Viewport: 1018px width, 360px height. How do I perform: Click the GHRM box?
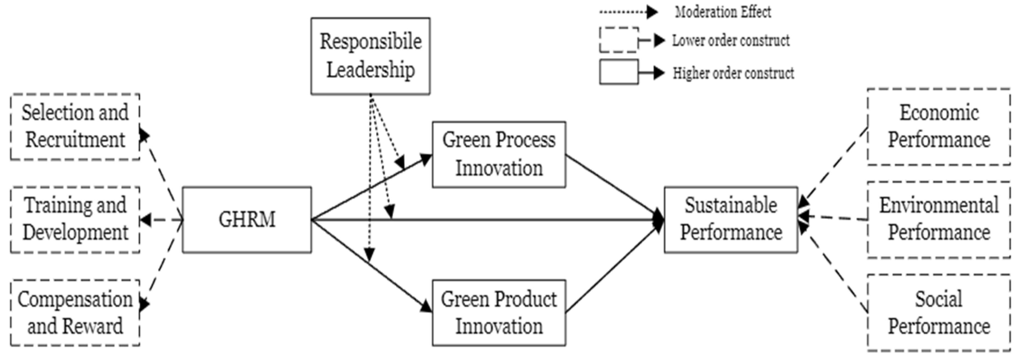[x=246, y=220]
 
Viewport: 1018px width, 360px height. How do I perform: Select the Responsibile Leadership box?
[x=370, y=56]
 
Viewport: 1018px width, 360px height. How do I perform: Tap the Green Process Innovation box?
[x=499, y=154]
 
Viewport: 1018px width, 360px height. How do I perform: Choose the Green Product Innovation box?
[x=499, y=312]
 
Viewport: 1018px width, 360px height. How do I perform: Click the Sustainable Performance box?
[x=731, y=220]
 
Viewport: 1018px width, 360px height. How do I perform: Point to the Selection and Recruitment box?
[x=75, y=127]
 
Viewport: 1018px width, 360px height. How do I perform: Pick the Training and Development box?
[x=75, y=220]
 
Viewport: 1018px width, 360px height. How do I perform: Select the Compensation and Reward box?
[x=75, y=312]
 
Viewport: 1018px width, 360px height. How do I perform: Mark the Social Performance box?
[x=939, y=312]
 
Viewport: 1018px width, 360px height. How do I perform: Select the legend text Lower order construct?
[x=731, y=41]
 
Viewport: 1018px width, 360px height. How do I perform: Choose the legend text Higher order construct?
[x=733, y=73]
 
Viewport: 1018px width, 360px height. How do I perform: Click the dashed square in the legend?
[x=619, y=40]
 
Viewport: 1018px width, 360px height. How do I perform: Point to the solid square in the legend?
[x=619, y=72]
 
